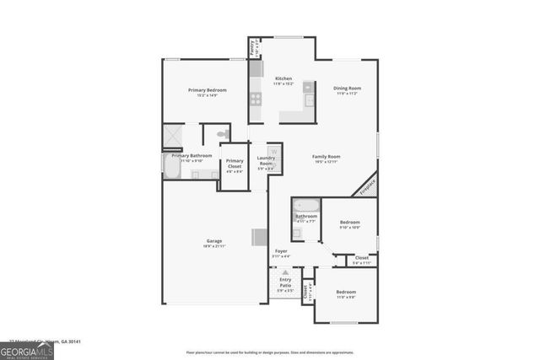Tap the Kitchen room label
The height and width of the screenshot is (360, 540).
283,78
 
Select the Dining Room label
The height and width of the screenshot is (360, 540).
347,88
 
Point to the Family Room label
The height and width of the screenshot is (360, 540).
326,157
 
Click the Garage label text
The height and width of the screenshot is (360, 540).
213,241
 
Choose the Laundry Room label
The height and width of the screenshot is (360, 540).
266,160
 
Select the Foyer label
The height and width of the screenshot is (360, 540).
282,251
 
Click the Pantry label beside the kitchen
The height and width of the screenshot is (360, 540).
251,48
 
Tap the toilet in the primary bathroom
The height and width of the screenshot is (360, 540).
223,134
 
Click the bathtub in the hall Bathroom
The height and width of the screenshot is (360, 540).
305,205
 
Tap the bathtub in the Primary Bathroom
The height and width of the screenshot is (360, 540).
171,169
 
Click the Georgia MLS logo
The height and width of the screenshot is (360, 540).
27,347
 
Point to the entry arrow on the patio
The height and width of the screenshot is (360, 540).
285,273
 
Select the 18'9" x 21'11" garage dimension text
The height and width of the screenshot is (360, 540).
213,247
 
